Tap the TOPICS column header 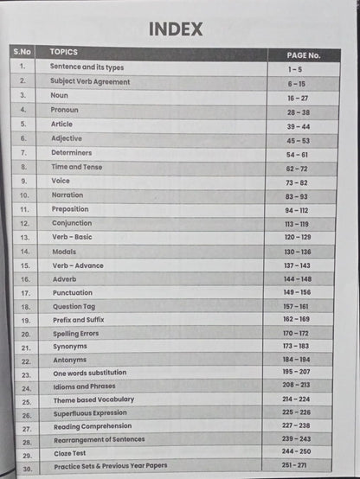(64, 52)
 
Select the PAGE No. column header (303, 54)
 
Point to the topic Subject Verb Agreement (90, 81)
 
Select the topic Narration (67, 195)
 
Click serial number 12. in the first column (24, 223)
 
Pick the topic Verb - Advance (78, 265)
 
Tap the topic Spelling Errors (76, 333)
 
